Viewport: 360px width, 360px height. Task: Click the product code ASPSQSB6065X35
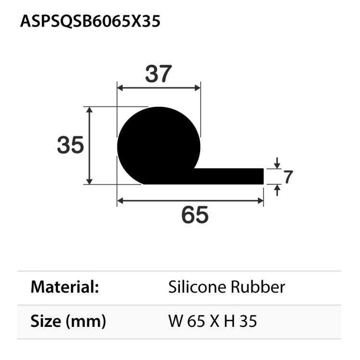point(90,21)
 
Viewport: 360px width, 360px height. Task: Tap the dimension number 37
point(158,74)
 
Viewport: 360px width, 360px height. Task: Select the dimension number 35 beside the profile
point(71,145)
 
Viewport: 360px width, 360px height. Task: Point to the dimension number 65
point(195,215)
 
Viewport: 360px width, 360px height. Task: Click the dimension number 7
point(288,177)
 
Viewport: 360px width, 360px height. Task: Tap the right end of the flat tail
point(263,176)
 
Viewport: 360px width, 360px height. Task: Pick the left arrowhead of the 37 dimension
point(120,88)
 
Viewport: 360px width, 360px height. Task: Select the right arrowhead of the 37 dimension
point(198,88)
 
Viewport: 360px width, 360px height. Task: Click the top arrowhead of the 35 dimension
point(89,109)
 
